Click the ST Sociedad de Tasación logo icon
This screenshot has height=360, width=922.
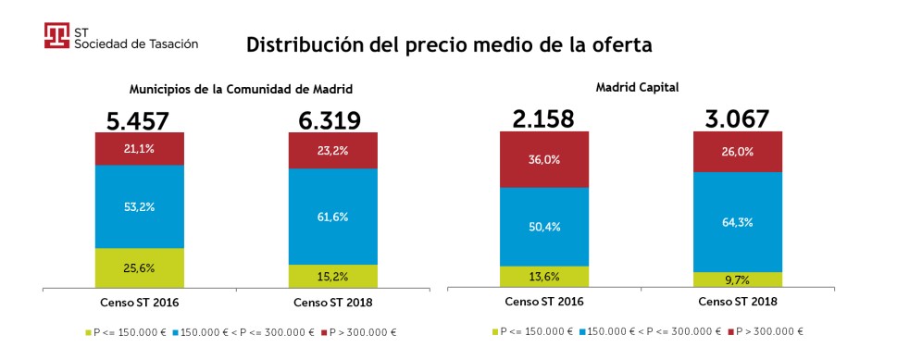[57, 35]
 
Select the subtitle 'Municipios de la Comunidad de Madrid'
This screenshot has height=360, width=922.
[241, 90]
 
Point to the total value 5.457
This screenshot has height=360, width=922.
[139, 119]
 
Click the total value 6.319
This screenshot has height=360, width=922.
[332, 119]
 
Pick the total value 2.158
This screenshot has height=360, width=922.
[543, 118]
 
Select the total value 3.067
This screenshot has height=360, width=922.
[737, 118]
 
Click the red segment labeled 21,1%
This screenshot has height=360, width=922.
[139, 148]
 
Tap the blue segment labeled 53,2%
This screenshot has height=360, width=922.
[139, 206]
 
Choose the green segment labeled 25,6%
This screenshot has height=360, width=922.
[139, 267]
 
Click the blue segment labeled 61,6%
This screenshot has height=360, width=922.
[332, 217]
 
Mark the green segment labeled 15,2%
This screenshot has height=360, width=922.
[332, 276]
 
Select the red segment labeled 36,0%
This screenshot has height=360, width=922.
[543, 159]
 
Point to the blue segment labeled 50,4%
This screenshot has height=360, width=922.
[543, 227]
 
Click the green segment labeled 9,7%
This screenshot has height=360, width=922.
[737, 279]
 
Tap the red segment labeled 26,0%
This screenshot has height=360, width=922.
[737, 152]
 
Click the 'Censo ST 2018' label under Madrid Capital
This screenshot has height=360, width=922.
[737, 303]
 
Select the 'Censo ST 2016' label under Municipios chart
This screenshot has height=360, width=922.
[139, 303]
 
